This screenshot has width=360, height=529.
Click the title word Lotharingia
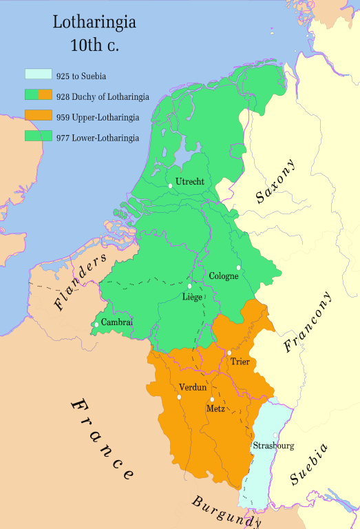click(x=94, y=22)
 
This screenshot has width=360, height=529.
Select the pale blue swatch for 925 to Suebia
click(x=39, y=73)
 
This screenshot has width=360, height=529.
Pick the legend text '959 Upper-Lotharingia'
click(x=98, y=116)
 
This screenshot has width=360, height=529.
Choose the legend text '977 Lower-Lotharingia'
click(x=98, y=138)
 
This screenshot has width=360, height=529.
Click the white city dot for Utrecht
click(x=170, y=185)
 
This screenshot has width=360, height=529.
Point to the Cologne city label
click(x=224, y=276)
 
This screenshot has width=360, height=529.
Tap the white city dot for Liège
click(x=189, y=287)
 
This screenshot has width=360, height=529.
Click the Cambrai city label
click(x=116, y=322)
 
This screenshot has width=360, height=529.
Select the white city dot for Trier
click(x=229, y=353)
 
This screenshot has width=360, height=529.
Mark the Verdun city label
click(x=193, y=387)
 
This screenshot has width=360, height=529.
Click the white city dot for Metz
click(x=213, y=400)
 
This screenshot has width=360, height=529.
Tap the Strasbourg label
click(x=273, y=446)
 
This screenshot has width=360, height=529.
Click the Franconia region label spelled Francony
click(x=308, y=322)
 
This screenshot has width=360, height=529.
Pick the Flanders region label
click(x=81, y=281)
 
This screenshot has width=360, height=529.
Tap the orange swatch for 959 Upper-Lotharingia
click(x=39, y=116)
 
